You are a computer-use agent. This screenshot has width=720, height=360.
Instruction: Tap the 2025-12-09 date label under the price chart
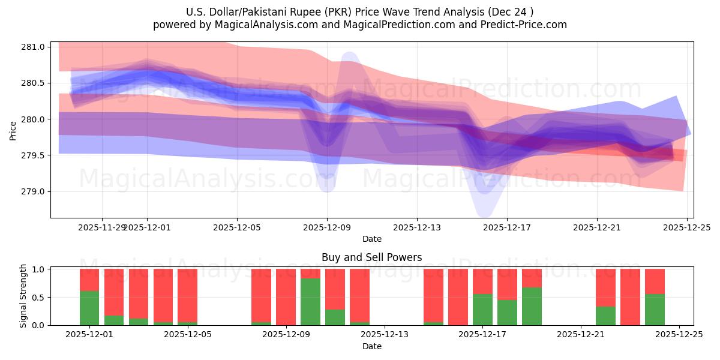(327, 227)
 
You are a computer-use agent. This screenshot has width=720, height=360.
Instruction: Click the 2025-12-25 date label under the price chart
(687, 227)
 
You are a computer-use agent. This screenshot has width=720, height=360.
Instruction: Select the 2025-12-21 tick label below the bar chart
(581, 335)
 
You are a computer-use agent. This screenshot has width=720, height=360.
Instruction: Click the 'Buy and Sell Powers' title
(371, 257)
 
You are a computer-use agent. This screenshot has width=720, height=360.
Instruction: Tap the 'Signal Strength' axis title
(23, 296)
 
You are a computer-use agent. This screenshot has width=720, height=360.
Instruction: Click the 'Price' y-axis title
(13, 130)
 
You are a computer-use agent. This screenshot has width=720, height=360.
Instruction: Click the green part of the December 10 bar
(335, 317)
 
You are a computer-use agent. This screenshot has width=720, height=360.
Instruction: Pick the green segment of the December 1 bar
(89, 308)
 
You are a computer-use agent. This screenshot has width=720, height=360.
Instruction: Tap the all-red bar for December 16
(458, 297)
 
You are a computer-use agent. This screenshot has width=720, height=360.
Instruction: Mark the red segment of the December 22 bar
(605, 288)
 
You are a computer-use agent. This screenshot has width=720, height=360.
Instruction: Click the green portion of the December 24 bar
(655, 310)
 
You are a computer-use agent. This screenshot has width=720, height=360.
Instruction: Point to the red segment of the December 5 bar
(187, 295)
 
